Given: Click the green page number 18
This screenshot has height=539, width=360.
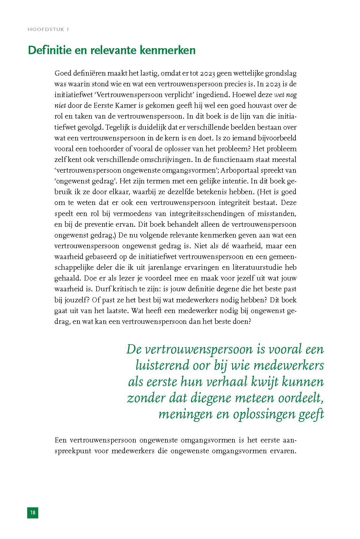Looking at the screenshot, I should click(33, 513).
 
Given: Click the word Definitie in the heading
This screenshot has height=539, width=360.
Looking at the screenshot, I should click(49, 50).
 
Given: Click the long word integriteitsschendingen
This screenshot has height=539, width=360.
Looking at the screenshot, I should click(208, 214).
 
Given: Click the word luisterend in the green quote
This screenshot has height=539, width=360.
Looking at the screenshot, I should click(162, 365).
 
